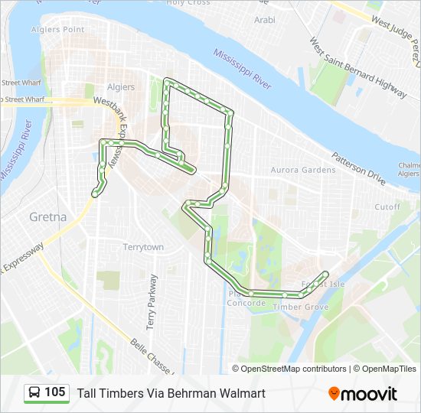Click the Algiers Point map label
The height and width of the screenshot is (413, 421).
[x=58, y=29]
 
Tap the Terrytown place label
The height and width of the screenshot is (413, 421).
[x=144, y=247]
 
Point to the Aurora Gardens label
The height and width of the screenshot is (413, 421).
[x=303, y=170]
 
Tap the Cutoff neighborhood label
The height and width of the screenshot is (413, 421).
[x=387, y=207]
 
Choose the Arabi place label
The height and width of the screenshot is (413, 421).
[x=265, y=20]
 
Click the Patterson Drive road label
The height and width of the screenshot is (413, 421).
[x=358, y=167]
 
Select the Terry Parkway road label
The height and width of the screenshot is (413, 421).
[x=152, y=301]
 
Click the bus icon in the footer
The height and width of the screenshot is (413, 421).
[x=35, y=393]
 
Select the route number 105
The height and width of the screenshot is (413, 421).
[x=55, y=392]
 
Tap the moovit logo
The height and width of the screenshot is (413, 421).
[x=363, y=393]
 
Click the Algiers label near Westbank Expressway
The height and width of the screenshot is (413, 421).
[x=120, y=87]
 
